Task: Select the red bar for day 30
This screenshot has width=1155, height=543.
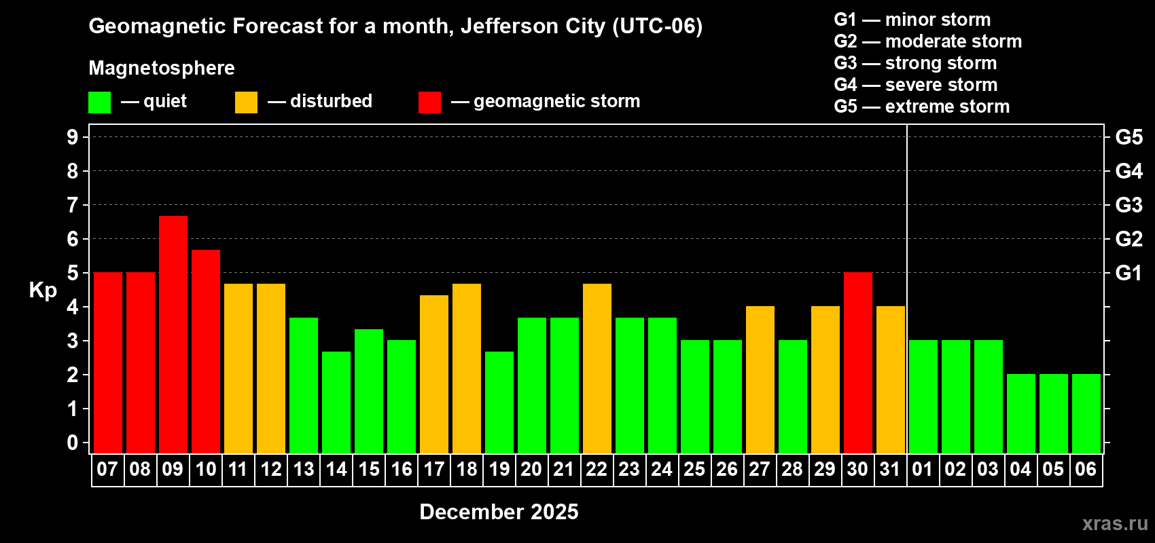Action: [858, 362]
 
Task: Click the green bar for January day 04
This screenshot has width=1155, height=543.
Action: [1021, 413]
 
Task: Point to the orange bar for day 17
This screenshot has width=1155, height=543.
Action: [434, 374]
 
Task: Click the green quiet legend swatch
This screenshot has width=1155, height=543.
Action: [100, 102]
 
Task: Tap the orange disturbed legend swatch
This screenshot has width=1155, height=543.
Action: [247, 102]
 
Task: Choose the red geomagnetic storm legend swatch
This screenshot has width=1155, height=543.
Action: [429, 102]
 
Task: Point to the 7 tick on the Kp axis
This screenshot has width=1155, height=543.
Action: [73, 205]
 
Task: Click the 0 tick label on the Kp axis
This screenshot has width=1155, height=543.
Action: [73, 443]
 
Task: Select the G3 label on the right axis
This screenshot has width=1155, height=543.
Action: [1129, 205]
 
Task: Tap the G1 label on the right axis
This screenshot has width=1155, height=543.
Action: [1129, 273]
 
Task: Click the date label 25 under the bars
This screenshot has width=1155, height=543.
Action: [694, 470]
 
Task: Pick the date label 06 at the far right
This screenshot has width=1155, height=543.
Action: [1086, 470]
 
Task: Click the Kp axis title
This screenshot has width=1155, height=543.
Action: [43, 291]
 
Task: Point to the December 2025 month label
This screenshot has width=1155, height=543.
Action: [499, 512]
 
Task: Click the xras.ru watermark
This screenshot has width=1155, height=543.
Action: [1115, 523]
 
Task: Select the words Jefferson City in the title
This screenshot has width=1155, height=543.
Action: [533, 26]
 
